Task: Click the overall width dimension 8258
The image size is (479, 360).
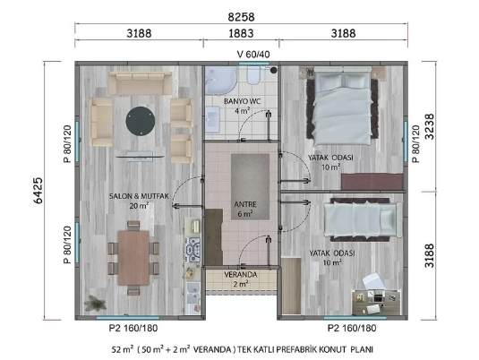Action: (241, 17)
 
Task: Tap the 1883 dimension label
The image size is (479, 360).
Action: (241, 33)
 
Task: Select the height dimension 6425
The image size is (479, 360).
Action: (38, 191)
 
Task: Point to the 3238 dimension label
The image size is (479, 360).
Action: (430, 126)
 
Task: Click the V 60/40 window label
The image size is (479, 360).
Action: (253, 55)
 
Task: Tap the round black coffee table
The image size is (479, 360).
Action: (141, 121)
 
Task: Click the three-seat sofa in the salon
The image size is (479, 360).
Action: (141, 82)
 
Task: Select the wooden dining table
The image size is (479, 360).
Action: (133, 258)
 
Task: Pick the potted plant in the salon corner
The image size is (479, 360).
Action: (95, 303)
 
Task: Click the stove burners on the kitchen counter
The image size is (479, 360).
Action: (193, 250)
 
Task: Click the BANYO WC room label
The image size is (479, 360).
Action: (243, 101)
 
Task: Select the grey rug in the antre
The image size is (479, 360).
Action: (250, 187)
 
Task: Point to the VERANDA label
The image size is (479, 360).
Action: (241, 275)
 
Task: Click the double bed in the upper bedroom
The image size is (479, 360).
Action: (343, 106)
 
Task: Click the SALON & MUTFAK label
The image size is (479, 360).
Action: (139, 196)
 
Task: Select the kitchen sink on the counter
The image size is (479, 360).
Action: (193, 293)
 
